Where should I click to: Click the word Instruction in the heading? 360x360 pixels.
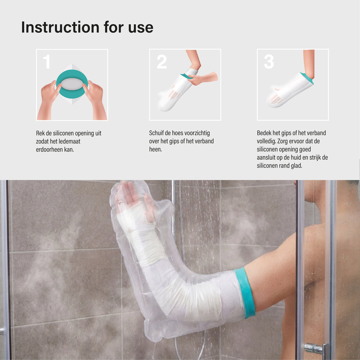pos(60,27)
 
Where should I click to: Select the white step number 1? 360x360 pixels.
pos(47,62)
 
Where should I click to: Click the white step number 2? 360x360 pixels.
pos(162,62)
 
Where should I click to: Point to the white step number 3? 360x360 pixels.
pos(269,62)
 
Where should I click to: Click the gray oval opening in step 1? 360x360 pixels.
pos(72,84)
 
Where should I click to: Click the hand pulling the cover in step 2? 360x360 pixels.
pos(202,78)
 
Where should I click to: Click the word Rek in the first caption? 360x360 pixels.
pos(40,133)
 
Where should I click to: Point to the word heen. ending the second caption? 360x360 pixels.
pos(155,149)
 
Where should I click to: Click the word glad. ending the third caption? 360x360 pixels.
pos(296,166)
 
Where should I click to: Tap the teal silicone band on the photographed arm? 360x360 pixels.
pos(245,293)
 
